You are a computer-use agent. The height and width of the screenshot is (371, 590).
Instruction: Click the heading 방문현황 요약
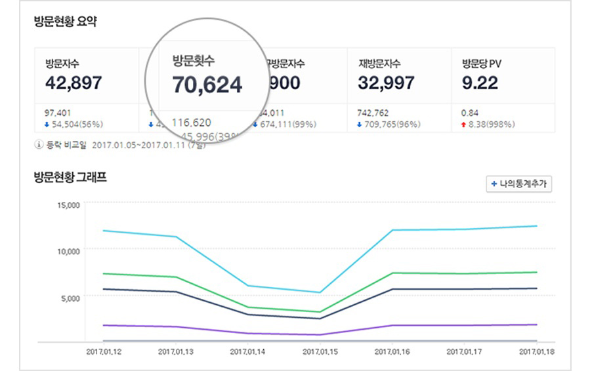coord(66,21)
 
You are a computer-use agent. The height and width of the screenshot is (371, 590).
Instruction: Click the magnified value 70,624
coord(207,85)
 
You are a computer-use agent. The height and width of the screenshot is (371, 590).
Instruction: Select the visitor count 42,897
coord(74,83)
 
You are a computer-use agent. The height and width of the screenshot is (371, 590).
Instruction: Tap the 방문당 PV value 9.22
coord(480,83)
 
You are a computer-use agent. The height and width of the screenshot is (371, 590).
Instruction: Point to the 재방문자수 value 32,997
coord(386,83)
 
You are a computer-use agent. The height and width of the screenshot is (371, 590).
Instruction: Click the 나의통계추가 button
coord(518,184)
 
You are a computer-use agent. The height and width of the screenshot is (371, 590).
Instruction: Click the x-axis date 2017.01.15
coord(320,352)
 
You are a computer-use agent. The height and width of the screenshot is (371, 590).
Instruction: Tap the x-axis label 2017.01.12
coord(104,352)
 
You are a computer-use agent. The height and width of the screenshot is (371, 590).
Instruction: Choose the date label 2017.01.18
coord(537,352)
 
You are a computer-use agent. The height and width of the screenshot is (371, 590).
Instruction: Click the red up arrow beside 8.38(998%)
coord(465,124)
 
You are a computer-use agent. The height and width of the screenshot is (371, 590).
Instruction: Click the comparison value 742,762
coord(373,113)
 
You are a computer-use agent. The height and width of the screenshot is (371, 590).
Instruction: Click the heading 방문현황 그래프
coord(70,177)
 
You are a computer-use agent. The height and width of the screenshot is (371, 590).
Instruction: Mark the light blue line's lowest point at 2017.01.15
coord(320,292)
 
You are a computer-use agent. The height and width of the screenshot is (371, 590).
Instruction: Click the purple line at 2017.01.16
coord(392,325)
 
